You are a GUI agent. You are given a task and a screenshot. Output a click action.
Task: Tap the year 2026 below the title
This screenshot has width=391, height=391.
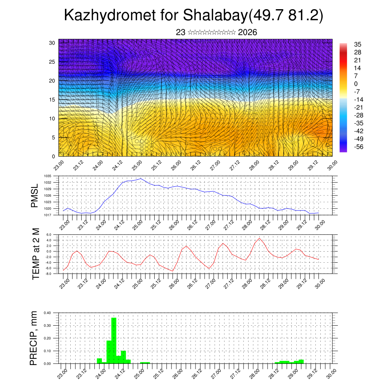tap(247, 32)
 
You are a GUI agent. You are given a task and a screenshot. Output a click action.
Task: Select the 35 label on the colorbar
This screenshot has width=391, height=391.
tap(358, 44)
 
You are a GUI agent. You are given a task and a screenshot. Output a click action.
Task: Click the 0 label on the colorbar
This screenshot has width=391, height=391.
tap(356, 84)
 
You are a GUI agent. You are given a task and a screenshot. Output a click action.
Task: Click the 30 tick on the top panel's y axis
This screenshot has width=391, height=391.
tap(52, 43)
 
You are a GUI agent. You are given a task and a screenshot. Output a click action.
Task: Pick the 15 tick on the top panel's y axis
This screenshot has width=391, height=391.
tap(52, 100)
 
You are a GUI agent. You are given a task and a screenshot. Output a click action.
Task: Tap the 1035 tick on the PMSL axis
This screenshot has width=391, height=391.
tap(47, 176)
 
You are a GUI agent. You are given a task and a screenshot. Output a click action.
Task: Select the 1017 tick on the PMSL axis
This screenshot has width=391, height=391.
tap(47, 215)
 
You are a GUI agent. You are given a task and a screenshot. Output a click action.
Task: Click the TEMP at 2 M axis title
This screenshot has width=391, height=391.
tap(36, 253)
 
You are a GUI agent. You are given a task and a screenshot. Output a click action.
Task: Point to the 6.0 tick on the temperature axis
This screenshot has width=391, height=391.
tap(49, 235)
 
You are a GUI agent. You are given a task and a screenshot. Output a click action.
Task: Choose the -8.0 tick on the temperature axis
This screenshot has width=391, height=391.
tap(48, 274)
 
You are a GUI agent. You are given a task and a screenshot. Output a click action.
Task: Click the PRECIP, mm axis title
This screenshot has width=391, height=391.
tap(34, 338)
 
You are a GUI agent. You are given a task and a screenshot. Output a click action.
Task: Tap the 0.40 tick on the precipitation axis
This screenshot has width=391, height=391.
tap(47, 313)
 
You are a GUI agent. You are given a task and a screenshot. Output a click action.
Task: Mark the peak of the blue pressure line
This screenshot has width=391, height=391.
tap(141, 178)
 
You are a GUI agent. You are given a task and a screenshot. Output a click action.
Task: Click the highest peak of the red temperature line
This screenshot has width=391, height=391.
tap(259, 238)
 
